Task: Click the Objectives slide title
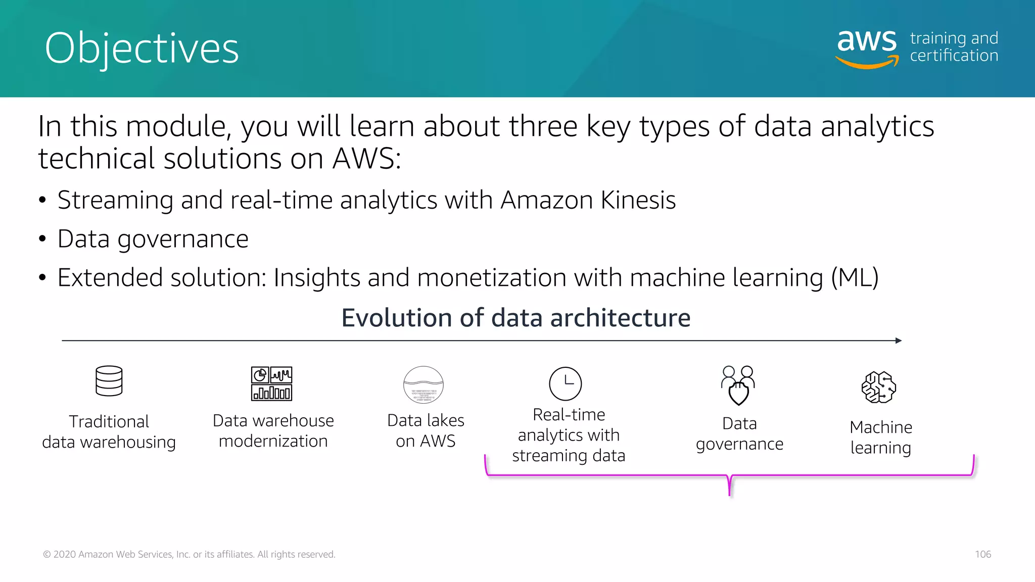coord(142,48)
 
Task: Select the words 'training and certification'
coord(954,46)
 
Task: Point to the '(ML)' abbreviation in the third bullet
coord(855,278)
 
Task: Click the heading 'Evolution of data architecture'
coord(515,318)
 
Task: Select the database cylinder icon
coord(109,381)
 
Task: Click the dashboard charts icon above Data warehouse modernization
coord(272,383)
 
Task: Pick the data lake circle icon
coord(424,385)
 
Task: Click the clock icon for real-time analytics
coord(565,383)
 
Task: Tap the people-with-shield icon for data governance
coord(738,385)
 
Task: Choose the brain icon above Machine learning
coord(879,387)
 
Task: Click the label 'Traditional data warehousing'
coord(109,431)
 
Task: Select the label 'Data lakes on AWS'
coord(426,430)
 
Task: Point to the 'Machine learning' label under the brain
coord(881,437)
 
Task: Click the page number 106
coord(983,554)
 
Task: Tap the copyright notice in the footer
coord(189,554)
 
